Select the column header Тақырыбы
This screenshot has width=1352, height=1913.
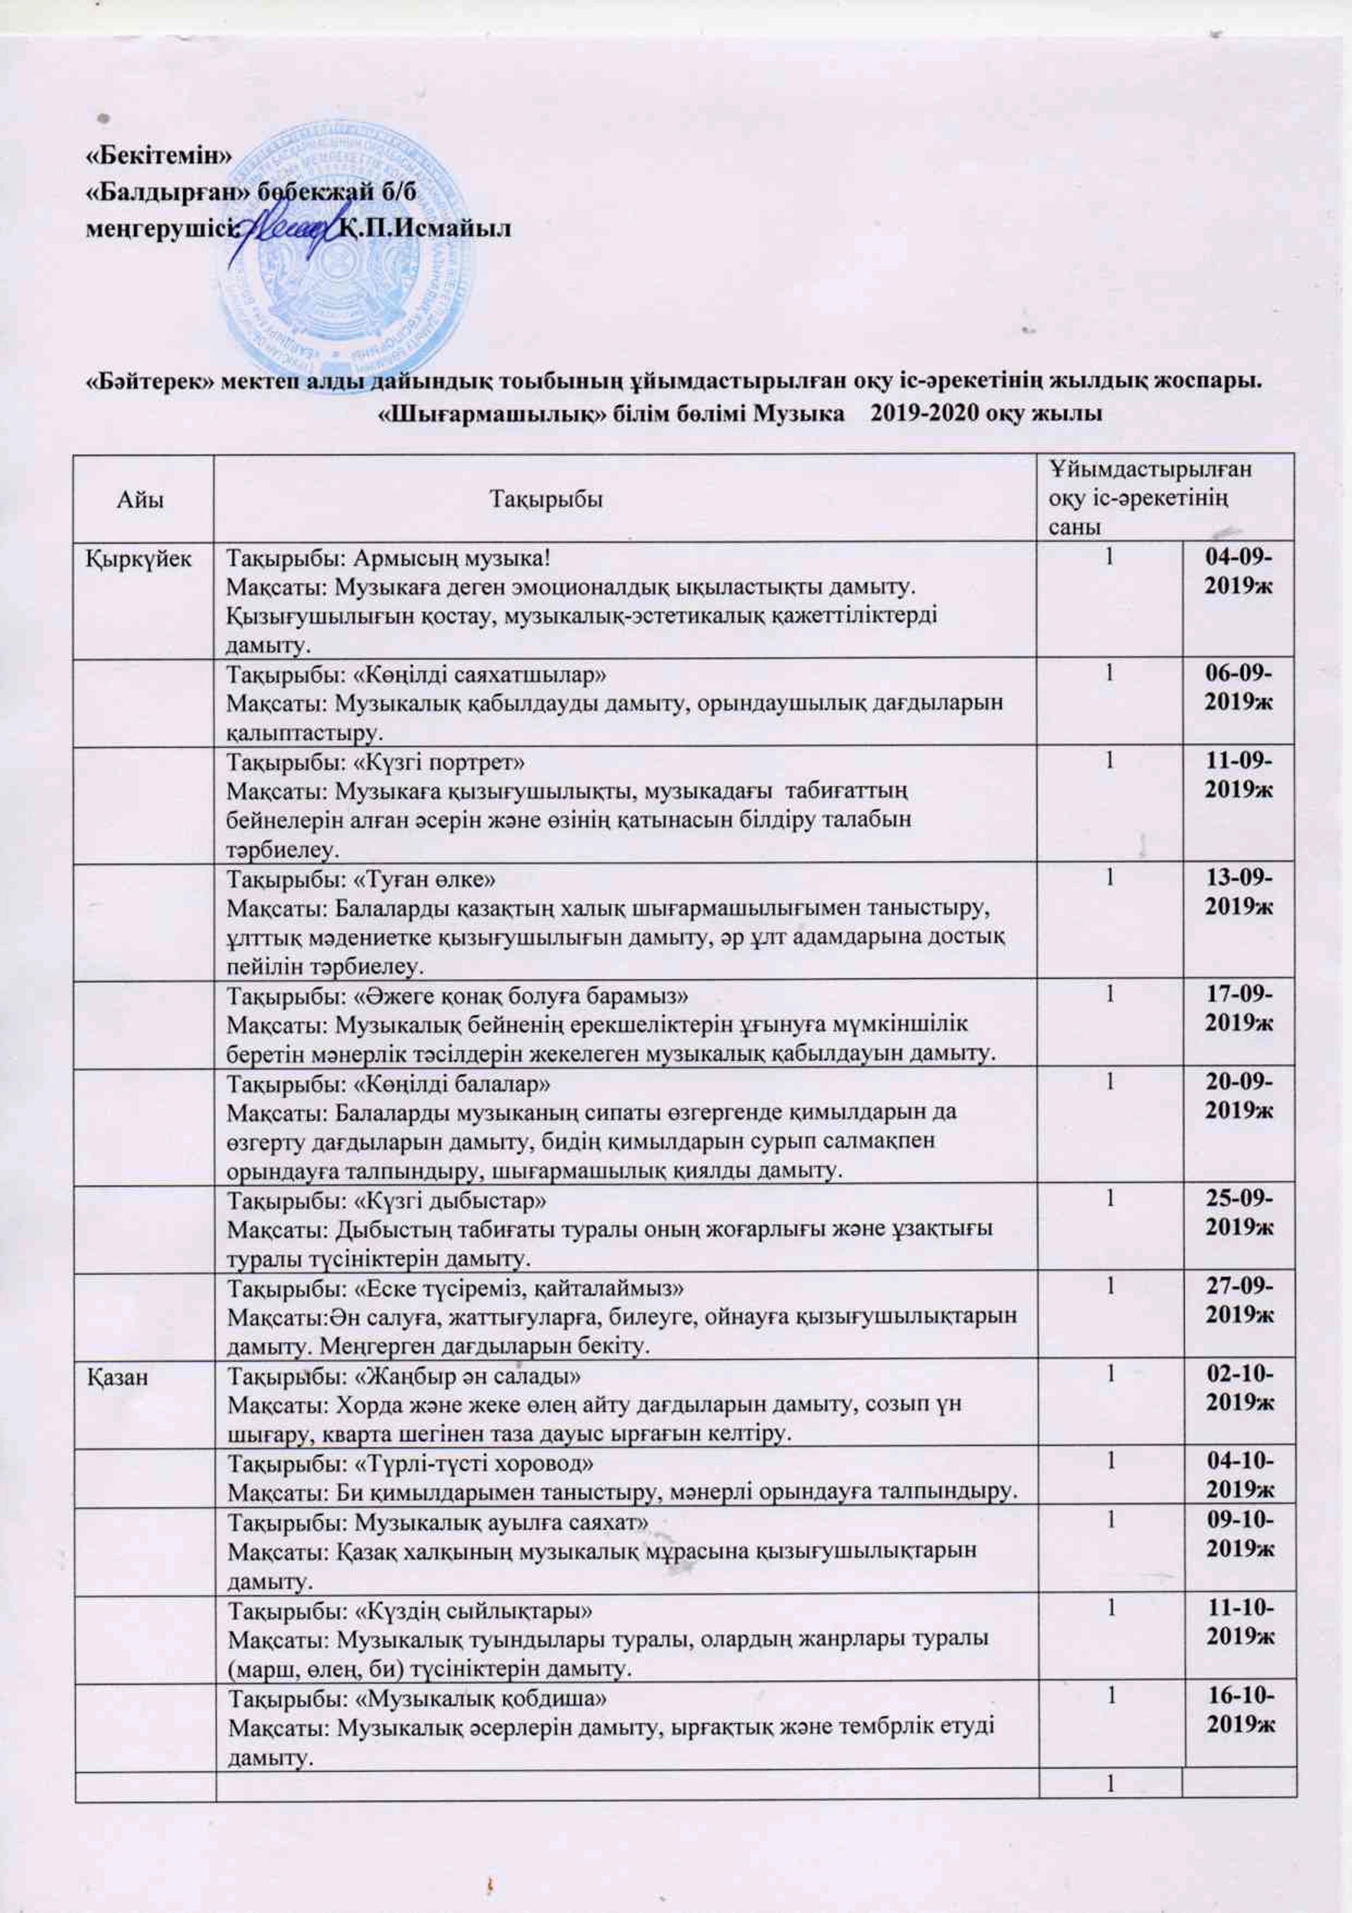pos(546,499)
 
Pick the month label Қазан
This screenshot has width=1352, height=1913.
pos(119,1376)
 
